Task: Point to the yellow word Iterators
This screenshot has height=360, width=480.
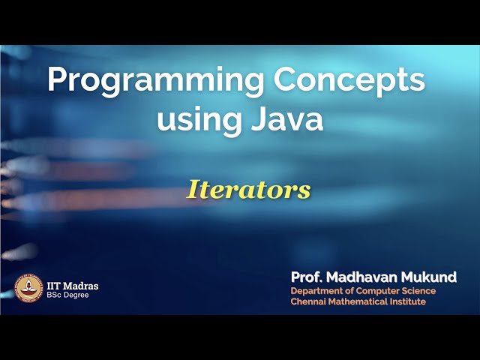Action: pos(248,190)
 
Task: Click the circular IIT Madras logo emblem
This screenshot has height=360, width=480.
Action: pos(29,289)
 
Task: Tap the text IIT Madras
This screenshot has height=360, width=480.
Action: pos(73,286)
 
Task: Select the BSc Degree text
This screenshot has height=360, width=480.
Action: pos(67,295)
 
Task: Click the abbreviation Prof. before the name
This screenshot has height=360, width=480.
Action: pos(307,277)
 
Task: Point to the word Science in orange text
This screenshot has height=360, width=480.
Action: pos(417,291)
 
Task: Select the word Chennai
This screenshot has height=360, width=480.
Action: pos(309,301)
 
